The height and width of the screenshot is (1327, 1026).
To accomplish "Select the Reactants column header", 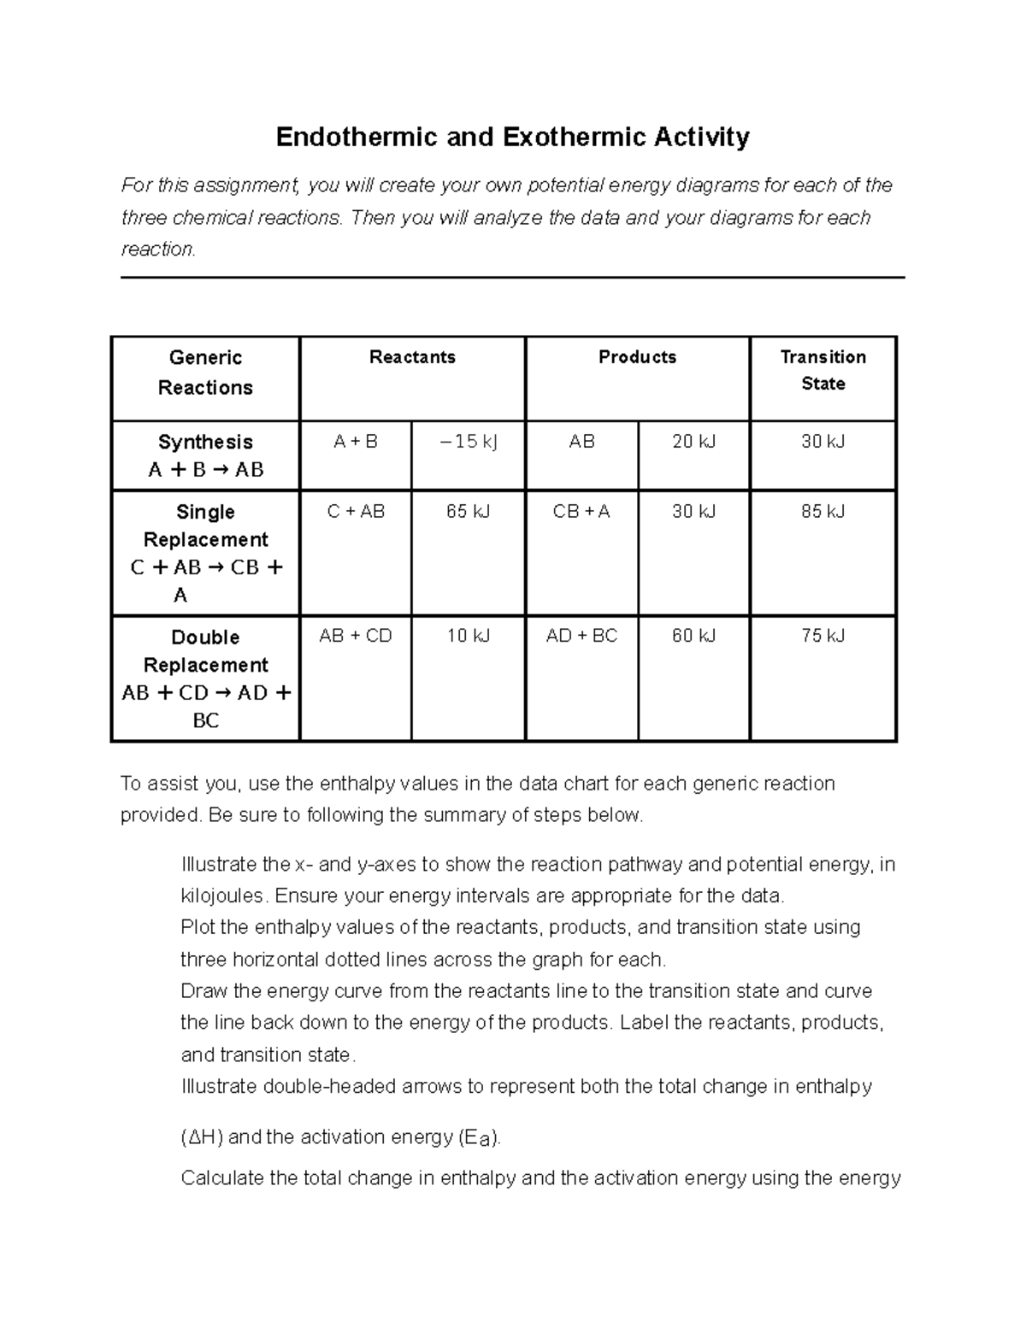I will tap(412, 357).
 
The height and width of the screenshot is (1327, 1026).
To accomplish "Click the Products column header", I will tap(637, 357).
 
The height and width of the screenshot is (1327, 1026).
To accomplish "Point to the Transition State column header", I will tap(823, 370).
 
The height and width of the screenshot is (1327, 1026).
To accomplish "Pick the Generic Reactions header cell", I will tap(205, 373).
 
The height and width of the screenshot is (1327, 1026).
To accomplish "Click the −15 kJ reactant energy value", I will tap(468, 442).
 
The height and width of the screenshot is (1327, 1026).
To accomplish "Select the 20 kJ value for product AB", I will tap(693, 442).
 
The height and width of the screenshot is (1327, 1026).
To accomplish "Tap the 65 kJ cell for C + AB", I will tap(468, 512).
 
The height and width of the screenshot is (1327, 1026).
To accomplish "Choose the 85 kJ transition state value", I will tap(823, 512).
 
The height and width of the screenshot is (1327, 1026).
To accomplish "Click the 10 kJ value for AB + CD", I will tap(468, 636).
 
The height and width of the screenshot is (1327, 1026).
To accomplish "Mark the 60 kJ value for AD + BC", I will tap(693, 636).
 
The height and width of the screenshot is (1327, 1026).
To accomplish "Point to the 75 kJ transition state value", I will tap(823, 636).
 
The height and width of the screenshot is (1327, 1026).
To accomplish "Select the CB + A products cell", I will tap(581, 512).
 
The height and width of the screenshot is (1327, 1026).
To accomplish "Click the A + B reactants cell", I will tap(356, 442).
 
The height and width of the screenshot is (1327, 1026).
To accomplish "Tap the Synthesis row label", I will tap(205, 442).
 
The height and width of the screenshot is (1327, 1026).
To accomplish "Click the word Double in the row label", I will tap(205, 637).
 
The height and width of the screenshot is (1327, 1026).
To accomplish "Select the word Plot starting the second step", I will tap(198, 928).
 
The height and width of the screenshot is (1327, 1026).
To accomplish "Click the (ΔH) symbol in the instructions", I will tap(202, 1137).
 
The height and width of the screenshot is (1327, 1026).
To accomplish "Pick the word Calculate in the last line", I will tap(222, 1178).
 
